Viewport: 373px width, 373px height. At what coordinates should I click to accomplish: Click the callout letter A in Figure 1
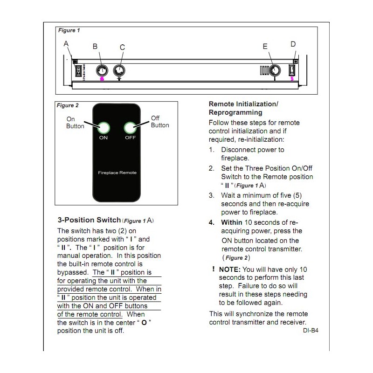[x=66, y=43]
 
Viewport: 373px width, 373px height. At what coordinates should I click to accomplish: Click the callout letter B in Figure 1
[x=95, y=46]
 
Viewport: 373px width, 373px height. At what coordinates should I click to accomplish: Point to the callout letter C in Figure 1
[x=122, y=47]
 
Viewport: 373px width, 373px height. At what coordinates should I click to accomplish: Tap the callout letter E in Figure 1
[x=265, y=46]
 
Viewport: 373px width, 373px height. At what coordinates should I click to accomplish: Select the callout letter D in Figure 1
[x=293, y=44]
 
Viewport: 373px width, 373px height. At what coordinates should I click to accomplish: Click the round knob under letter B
[x=102, y=71]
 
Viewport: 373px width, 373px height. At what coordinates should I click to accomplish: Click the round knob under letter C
[x=120, y=71]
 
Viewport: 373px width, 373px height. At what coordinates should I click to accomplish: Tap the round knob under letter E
[x=275, y=71]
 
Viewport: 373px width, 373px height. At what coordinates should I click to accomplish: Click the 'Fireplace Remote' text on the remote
[x=117, y=173]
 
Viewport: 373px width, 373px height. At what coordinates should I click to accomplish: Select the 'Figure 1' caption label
[x=69, y=30]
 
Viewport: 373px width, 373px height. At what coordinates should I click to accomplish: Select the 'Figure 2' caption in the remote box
[x=68, y=105]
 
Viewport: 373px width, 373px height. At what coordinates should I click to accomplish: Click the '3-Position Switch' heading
[x=89, y=220]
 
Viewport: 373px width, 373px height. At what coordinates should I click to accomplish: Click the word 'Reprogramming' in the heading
[x=235, y=112]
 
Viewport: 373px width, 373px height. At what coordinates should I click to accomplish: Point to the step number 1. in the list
[x=212, y=150]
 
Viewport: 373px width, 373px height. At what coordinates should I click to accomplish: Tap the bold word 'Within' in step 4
[x=232, y=222]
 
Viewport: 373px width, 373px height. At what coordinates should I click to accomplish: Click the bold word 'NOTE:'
[x=230, y=269]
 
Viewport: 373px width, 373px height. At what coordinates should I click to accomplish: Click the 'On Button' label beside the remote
[x=75, y=123]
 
